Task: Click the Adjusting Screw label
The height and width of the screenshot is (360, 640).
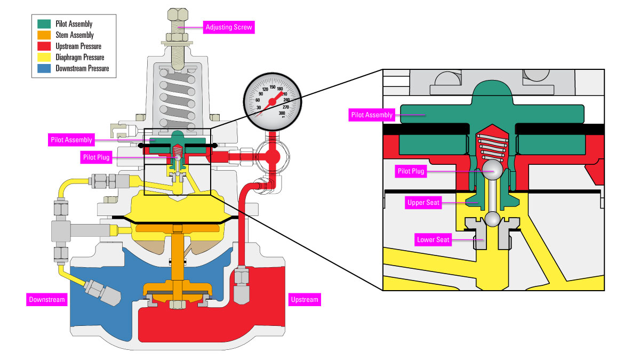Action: click(x=230, y=27)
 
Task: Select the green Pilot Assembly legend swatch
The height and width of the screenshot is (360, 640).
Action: click(x=44, y=23)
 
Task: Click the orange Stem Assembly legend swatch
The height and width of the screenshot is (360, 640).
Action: click(x=44, y=35)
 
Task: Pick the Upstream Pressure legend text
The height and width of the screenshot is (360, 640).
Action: click(x=78, y=46)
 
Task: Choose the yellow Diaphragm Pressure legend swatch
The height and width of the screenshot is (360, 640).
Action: click(x=44, y=57)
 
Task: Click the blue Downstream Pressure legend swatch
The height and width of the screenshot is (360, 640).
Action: click(x=44, y=68)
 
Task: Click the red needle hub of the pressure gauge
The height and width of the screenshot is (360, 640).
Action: click(x=271, y=101)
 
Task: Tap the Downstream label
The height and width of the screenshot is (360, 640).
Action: click(x=47, y=300)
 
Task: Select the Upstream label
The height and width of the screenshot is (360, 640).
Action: click(x=305, y=300)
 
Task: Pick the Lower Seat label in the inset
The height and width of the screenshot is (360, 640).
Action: click(x=433, y=240)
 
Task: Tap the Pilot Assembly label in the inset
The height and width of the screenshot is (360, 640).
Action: click(x=372, y=115)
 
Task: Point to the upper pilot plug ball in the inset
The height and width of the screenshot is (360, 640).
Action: click(x=491, y=171)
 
